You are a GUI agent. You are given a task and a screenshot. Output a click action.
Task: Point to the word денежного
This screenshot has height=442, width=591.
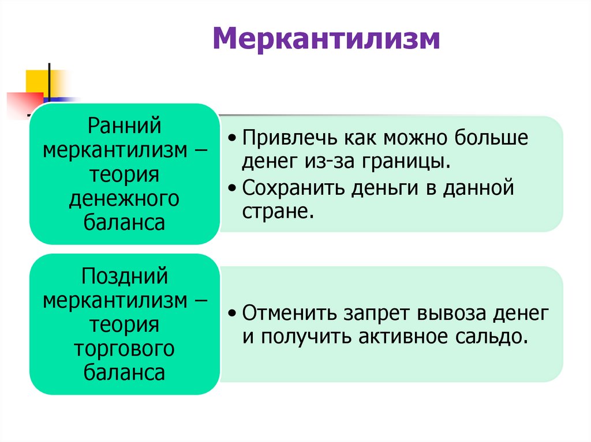tap(124, 199)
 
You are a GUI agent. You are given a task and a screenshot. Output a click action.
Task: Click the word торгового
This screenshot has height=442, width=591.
tap(124, 349)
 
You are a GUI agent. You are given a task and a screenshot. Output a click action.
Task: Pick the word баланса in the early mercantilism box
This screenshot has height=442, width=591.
tap(124, 223)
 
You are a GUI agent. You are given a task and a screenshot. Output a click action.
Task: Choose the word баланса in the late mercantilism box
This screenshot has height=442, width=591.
tap(124, 373)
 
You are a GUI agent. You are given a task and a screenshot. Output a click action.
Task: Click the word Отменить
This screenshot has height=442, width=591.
tap(291, 313)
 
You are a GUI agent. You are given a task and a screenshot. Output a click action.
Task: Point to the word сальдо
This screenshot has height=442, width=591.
tap(498, 336)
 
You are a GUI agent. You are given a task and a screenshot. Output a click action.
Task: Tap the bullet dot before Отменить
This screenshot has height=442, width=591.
tap(231, 314)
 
